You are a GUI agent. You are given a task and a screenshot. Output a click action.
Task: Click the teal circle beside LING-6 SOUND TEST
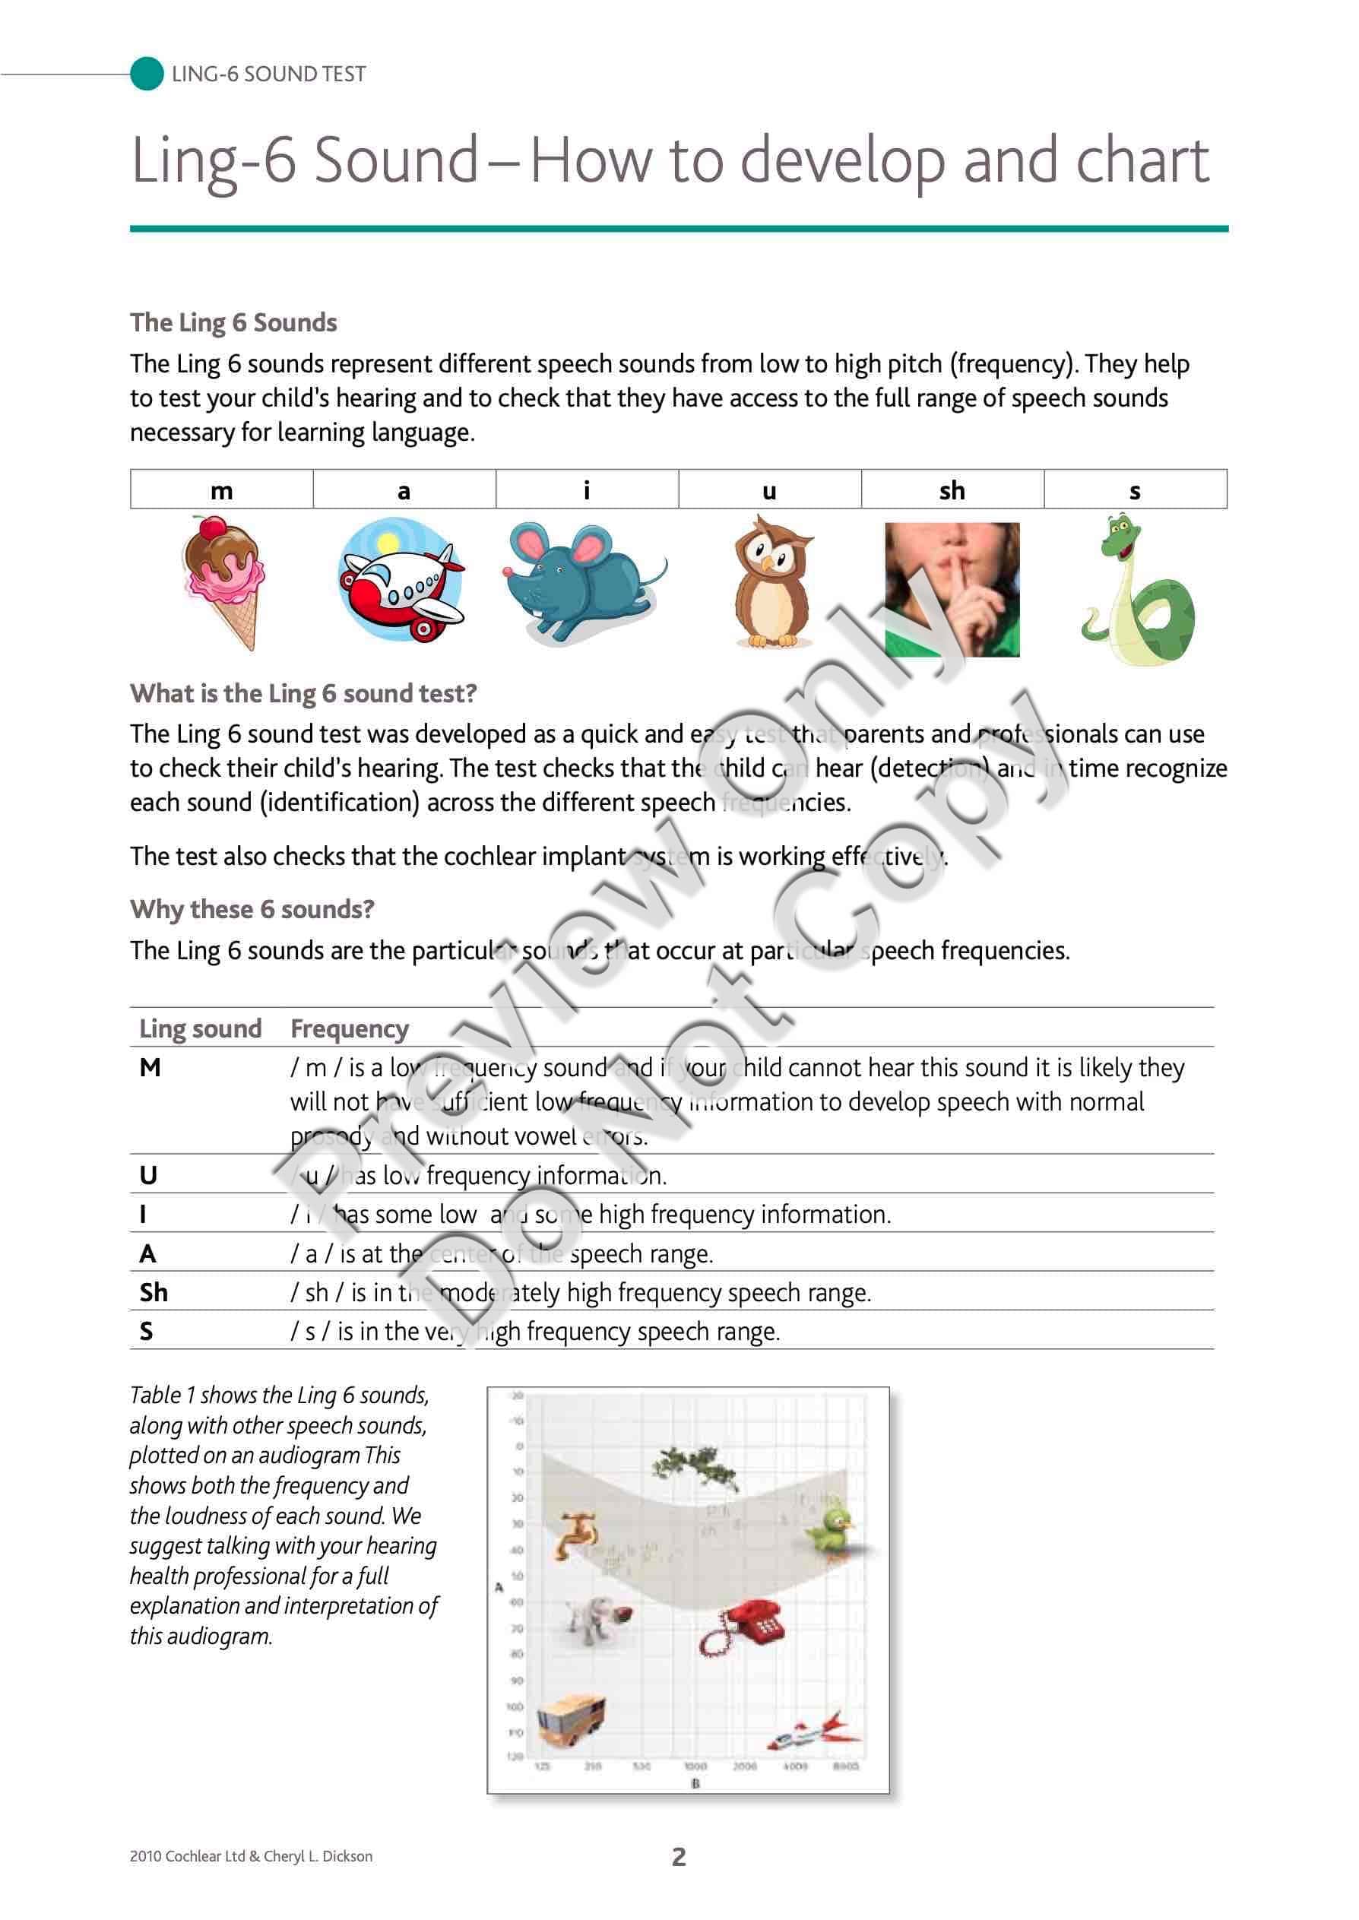tap(147, 74)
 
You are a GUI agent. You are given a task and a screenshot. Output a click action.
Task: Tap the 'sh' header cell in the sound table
tap(952, 490)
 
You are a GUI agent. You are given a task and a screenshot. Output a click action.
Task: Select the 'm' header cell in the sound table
tap(222, 490)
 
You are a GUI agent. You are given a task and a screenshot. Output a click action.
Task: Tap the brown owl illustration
tap(771, 583)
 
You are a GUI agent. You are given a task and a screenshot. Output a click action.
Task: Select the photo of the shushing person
tap(952, 589)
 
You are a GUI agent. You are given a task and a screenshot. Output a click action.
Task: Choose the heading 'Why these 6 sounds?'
tap(252, 909)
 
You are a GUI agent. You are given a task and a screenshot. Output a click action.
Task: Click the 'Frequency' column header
tap(349, 1028)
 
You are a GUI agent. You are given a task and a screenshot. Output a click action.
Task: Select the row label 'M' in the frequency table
tap(150, 1067)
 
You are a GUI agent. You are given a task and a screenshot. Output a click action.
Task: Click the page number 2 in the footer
tap(679, 1856)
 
